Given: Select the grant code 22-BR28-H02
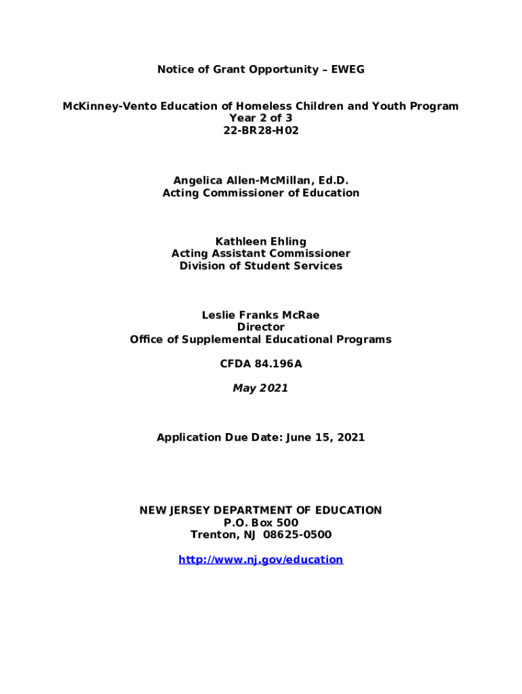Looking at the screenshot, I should coord(260,131).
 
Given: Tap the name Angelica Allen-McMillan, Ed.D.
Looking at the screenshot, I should coord(260,180).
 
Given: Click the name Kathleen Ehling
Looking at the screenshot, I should coord(260,241).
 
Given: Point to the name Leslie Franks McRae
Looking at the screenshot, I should coord(260,315).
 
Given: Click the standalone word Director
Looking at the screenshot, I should coord(260,327).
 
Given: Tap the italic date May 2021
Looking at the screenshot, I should coord(260,388).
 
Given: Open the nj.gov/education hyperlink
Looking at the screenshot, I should coord(260,560).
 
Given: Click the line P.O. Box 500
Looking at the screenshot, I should coord(260,523).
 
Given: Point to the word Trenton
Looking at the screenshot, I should coord(212,535).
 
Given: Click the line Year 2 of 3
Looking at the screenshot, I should coord(260,119).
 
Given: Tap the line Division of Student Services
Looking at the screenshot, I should coord(260,266).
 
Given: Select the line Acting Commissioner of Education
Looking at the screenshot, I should coord(260,192).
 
